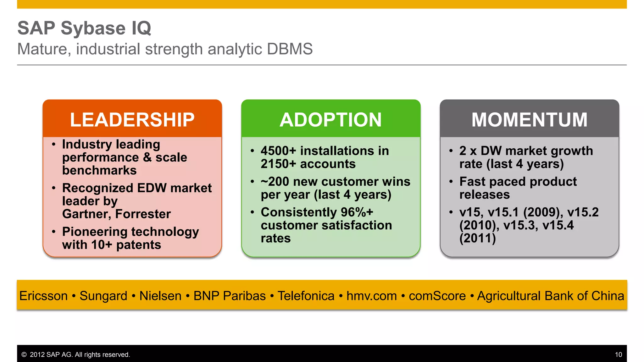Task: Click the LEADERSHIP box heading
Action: (x=132, y=120)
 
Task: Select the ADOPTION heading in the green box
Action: (x=330, y=120)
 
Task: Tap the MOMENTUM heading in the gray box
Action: (x=529, y=120)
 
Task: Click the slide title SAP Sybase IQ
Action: (x=84, y=28)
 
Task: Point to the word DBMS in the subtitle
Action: (x=290, y=49)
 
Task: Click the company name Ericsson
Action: (x=43, y=296)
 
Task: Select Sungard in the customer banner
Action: (x=103, y=296)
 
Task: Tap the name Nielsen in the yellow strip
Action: (x=160, y=296)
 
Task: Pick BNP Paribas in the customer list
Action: (x=230, y=296)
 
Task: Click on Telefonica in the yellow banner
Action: (x=306, y=296)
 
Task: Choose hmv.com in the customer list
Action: (x=371, y=296)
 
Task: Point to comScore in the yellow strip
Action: (x=437, y=296)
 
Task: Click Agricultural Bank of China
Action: (x=550, y=296)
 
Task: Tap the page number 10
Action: (x=618, y=355)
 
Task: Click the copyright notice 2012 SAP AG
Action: (x=75, y=355)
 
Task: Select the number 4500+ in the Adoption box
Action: (x=278, y=151)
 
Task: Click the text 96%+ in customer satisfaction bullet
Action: (x=357, y=212)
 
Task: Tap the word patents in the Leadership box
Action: (x=138, y=245)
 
